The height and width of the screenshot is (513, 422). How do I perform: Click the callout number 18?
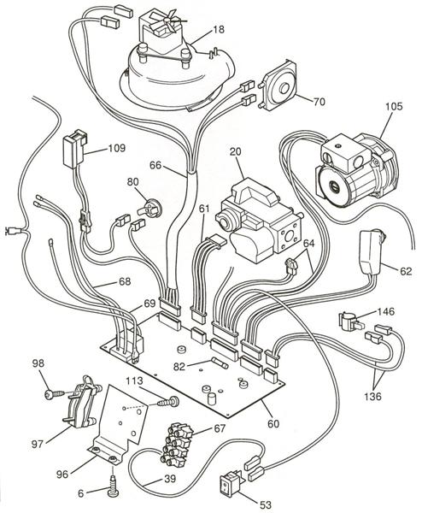(218, 29)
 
